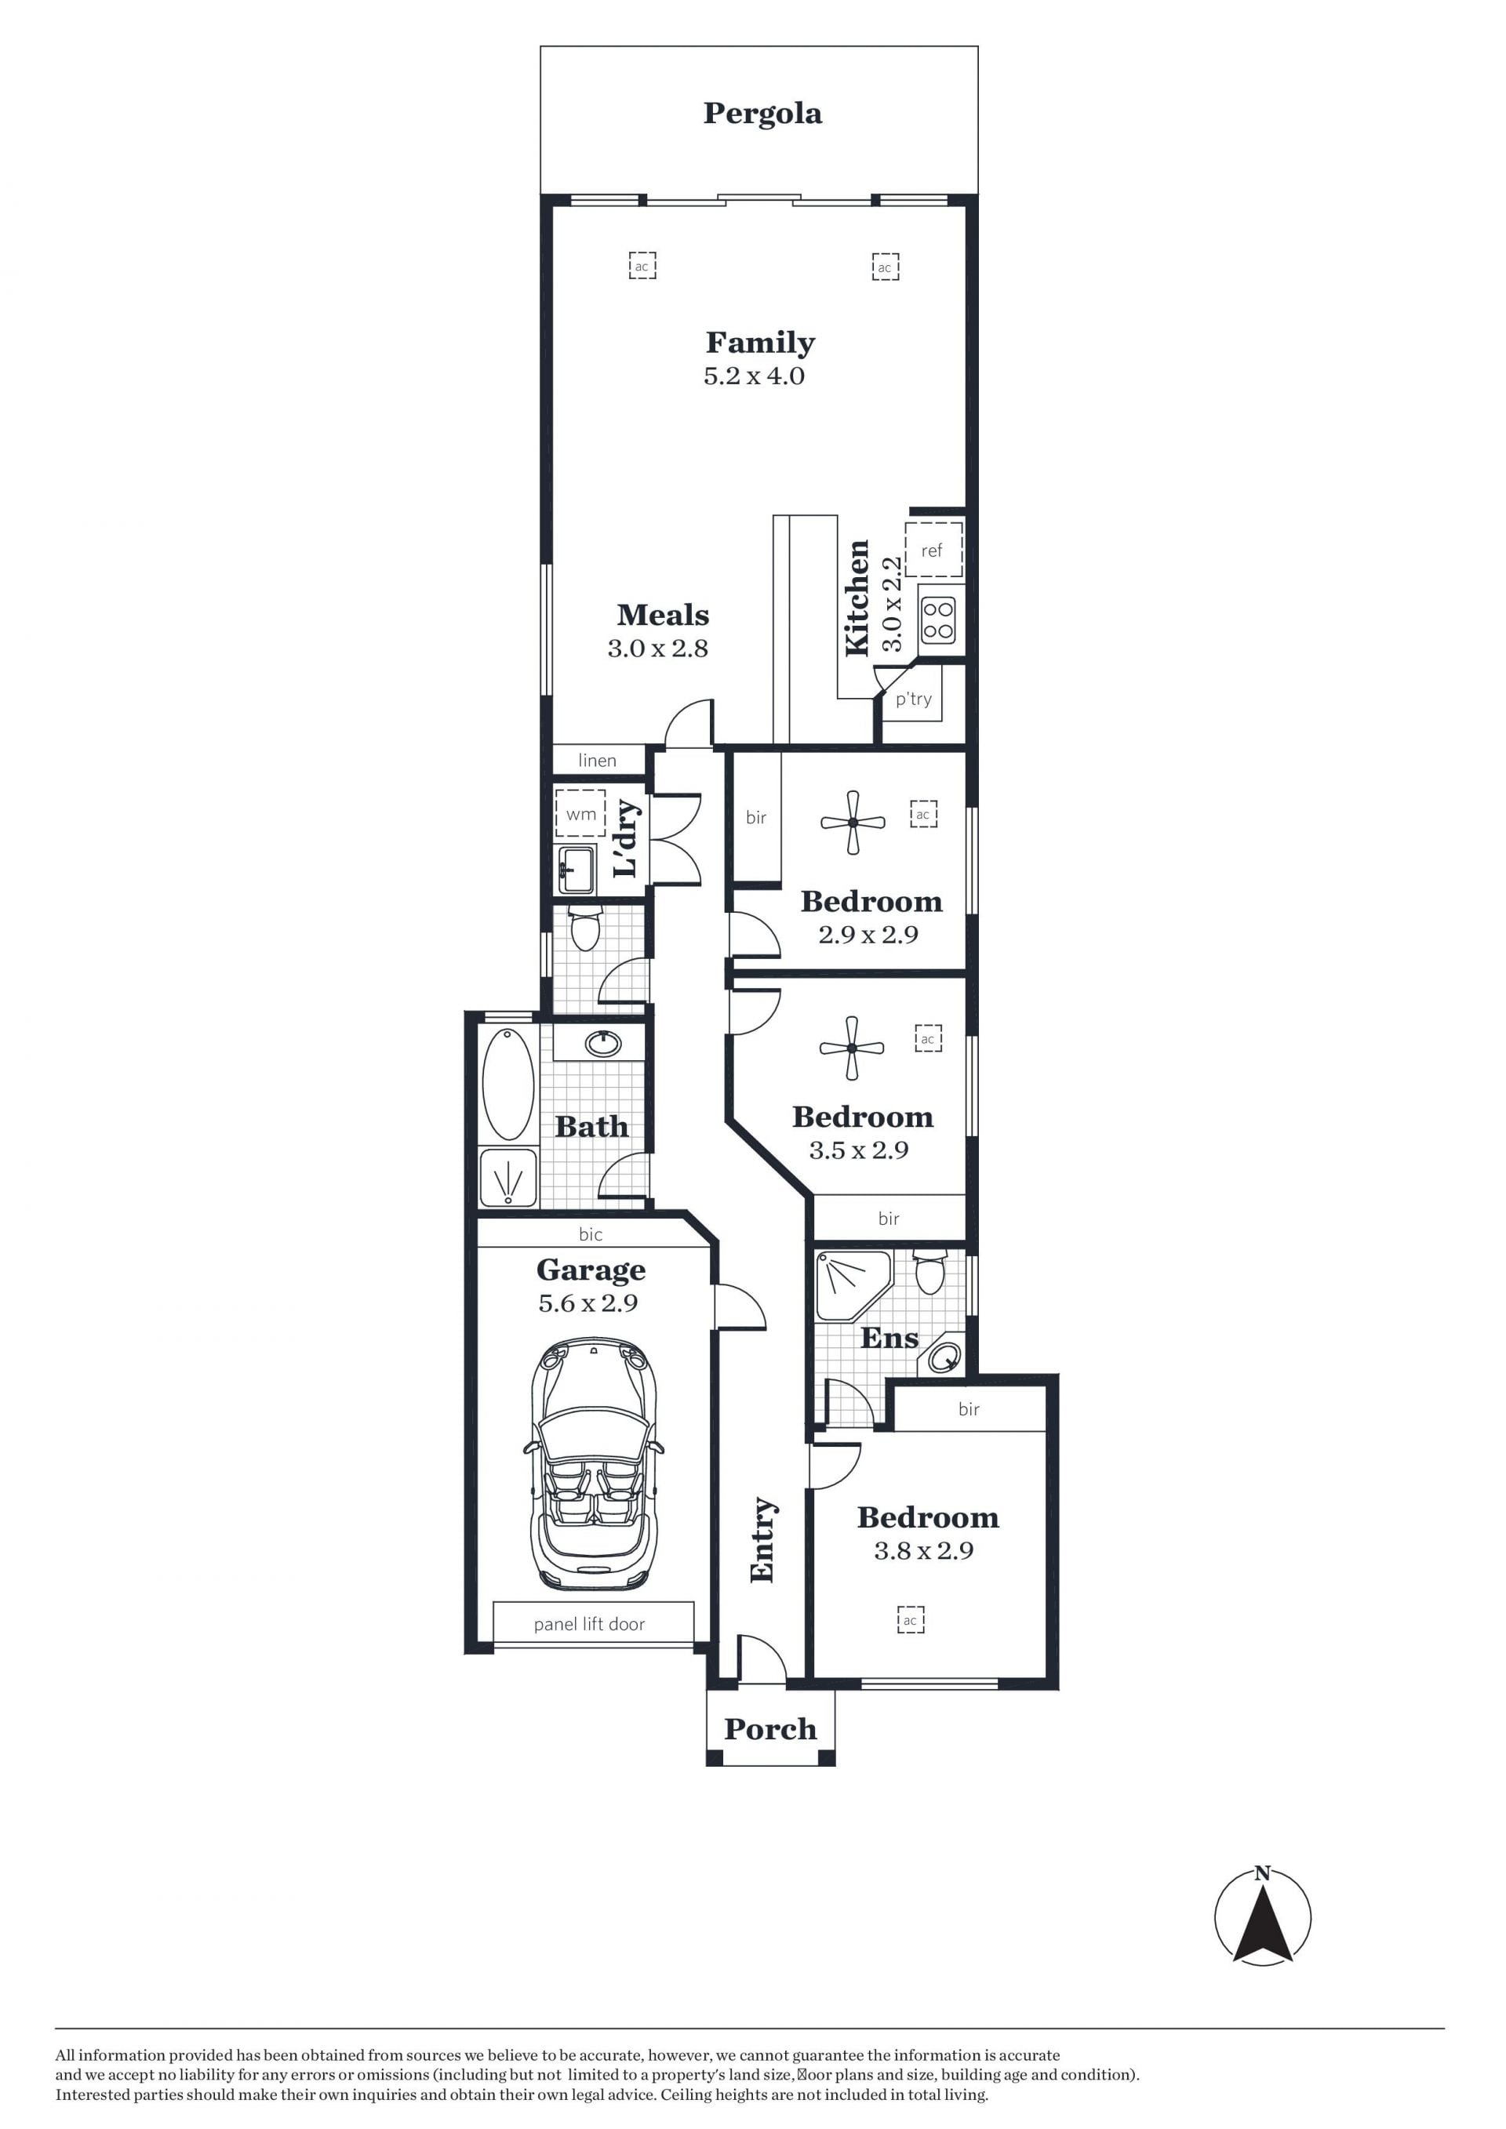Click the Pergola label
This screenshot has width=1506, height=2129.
click(762, 114)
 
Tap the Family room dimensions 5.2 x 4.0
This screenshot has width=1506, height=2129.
click(754, 376)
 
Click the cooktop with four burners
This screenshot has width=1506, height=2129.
click(938, 620)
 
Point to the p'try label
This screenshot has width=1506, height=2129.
click(914, 700)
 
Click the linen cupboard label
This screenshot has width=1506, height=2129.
click(597, 761)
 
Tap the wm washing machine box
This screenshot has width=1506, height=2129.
click(580, 813)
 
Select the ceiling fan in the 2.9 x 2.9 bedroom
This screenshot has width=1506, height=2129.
click(853, 823)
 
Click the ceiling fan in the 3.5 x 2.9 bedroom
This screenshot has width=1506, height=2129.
click(851, 1048)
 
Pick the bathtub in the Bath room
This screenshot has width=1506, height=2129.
click(508, 1084)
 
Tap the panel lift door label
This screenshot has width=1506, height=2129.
click(589, 1624)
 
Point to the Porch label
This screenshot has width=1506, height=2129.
click(770, 1728)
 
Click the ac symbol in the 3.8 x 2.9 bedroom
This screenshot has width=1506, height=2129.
click(911, 1620)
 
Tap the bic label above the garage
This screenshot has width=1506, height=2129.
click(591, 1234)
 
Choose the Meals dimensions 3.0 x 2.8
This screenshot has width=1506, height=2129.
click(657, 649)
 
